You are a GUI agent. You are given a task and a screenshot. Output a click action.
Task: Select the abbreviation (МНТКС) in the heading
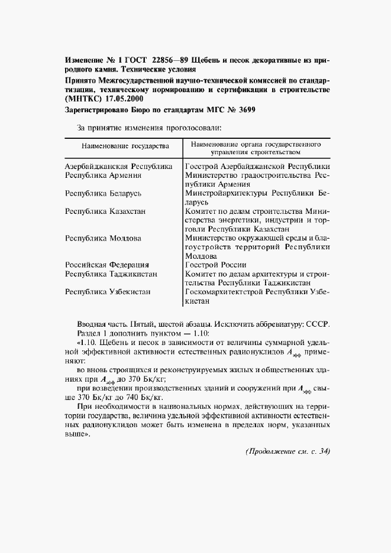tap(85, 99)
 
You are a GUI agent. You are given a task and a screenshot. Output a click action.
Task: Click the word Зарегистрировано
tap(97, 111)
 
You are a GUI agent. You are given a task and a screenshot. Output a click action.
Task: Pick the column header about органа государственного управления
tap(255, 148)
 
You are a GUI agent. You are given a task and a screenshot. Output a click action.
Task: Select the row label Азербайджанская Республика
tap(118, 167)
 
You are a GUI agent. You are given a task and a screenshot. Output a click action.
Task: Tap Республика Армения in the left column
tap(103, 175)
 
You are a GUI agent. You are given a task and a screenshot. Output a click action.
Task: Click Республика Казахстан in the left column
tap(106, 211)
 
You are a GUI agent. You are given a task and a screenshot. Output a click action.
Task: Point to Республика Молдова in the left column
tap(103, 238)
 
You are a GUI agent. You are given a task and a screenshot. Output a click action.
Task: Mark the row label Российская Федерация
tap(107, 265)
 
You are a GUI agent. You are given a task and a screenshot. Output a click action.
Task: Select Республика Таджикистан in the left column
tap(110, 274)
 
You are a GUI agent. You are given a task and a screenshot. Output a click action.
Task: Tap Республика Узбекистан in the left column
tap(108, 292)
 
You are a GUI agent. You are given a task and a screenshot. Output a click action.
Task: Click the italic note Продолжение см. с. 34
tap(287, 451)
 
